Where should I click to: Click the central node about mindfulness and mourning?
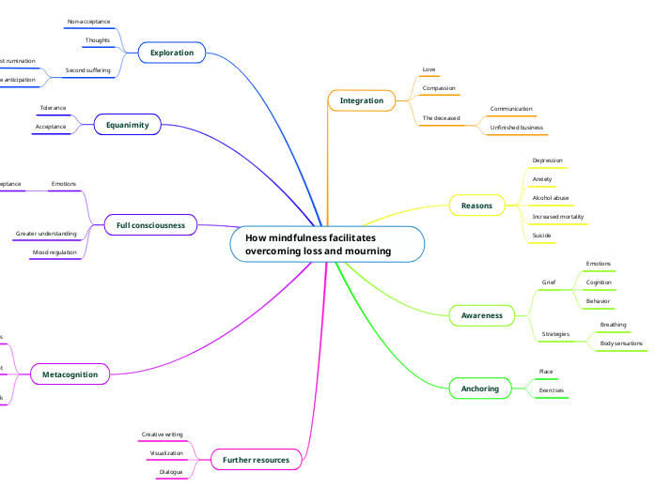pyautogui.click(x=327, y=244)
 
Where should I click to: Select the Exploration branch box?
pyautogui.click(x=172, y=53)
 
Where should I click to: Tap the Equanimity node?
pyautogui.click(x=128, y=124)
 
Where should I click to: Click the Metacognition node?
pyautogui.click(x=70, y=374)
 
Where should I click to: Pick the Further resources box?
pyautogui.click(x=257, y=459)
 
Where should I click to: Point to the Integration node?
pyautogui.click(x=362, y=100)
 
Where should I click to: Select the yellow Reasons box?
pyautogui.click(x=477, y=205)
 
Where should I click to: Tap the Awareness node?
pyautogui.click(x=481, y=315)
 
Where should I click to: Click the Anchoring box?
pyautogui.click(x=480, y=388)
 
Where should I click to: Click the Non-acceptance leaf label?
pyautogui.click(x=88, y=21)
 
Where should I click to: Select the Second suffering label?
pyautogui.click(x=87, y=70)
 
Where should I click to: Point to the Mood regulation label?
pyautogui.click(x=55, y=252)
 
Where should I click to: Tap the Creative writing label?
pyautogui.click(x=162, y=435)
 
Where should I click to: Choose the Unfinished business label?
pyautogui.click(x=516, y=127)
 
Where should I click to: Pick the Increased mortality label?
pyautogui.click(x=558, y=216)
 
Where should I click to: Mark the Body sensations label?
pyautogui.click(x=621, y=343)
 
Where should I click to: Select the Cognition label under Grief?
pyautogui.click(x=599, y=282)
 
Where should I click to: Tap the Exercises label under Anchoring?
pyautogui.click(x=551, y=389)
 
